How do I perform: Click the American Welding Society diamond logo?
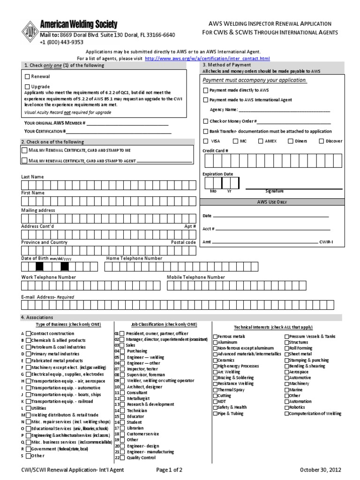[x=30, y=32]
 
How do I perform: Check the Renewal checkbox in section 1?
[x=27, y=76]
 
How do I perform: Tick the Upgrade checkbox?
[x=27, y=87]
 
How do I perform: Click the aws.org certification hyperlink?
[x=207, y=59]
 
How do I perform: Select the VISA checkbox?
[x=206, y=141]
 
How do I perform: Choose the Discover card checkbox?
[x=321, y=141]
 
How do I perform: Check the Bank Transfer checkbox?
[x=206, y=132]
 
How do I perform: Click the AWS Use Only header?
[x=271, y=202]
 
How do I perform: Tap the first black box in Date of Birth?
[x=40, y=267]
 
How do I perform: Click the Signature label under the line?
[x=274, y=191]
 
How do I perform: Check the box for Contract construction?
[x=28, y=334]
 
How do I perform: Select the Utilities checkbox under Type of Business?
[x=28, y=408]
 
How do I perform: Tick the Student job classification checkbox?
[x=122, y=422]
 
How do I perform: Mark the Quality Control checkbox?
[x=122, y=457]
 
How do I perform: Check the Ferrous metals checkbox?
[x=216, y=337]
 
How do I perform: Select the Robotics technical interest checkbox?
[x=287, y=408]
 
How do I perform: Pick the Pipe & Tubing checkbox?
[x=216, y=414]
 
